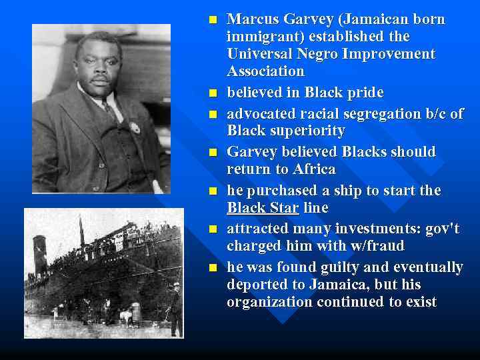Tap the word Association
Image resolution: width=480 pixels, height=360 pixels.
point(265,71)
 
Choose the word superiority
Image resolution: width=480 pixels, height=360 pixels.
point(307,131)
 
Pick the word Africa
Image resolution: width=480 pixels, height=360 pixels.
point(313,169)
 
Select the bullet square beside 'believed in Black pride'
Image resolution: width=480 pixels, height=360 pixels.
point(213,93)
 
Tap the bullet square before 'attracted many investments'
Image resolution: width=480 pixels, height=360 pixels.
point(213,230)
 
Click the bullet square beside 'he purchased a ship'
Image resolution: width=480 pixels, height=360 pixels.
point(213,191)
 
